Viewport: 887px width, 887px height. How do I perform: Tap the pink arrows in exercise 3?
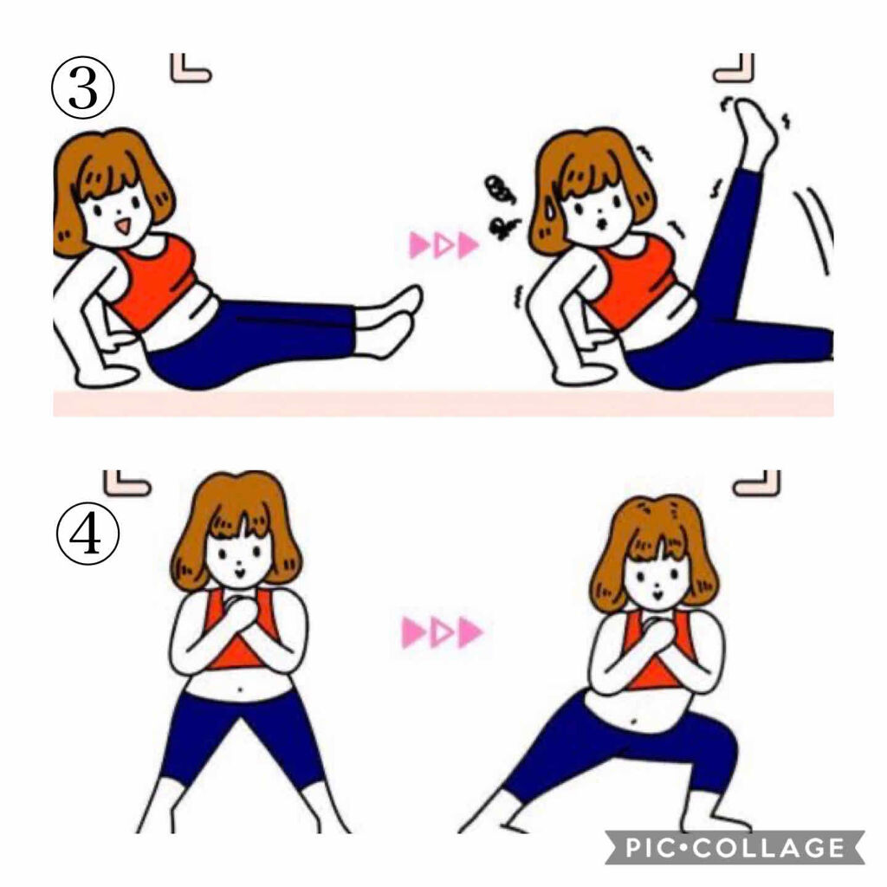click(x=443, y=246)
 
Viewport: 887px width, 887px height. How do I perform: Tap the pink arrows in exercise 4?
click(x=441, y=632)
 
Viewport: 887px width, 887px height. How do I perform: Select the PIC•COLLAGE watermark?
click(x=735, y=846)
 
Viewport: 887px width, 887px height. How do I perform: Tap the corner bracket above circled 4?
click(x=126, y=482)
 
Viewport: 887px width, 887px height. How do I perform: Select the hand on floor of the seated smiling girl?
click(x=104, y=375)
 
